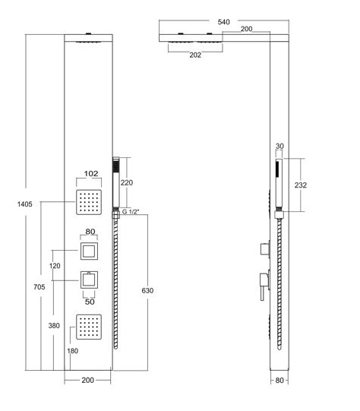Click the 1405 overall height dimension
pyautogui.click(x=24, y=204)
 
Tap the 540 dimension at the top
pyautogui.click(x=224, y=22)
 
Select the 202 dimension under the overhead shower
pyautogui.click(x=195, y=55)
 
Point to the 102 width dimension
pyautogui.click(x=91, y=173)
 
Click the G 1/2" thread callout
pyautogui.click(x=131, y=212)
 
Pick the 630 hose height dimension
pyautogui.click(x=147, y=290)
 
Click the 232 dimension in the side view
pyautogui.click(x=300, y=185)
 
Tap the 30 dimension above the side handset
pyautogui.click(x=279, y=146)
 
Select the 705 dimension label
pyautogui.click(x=39, y=287)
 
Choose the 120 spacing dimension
pyautogui.click(x=55, y=266)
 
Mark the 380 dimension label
pyautogui.click(x=54, y=326)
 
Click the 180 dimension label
pyautogui.click(x=73, y=351)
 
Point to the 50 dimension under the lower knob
pyautogui.click(x=90, y=302)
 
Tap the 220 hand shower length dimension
pyautogui.click(x=127, y=182)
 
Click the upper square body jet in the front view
pyautogui.click(x=89, y=202)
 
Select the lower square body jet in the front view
pyautogui.click(x=89, y=327)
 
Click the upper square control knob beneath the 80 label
pyautogui.click(x=89, y=251)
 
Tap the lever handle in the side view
pyautogui.click(x=264, y=286)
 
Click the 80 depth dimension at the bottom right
pyautogui.click(x=279, y=380)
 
